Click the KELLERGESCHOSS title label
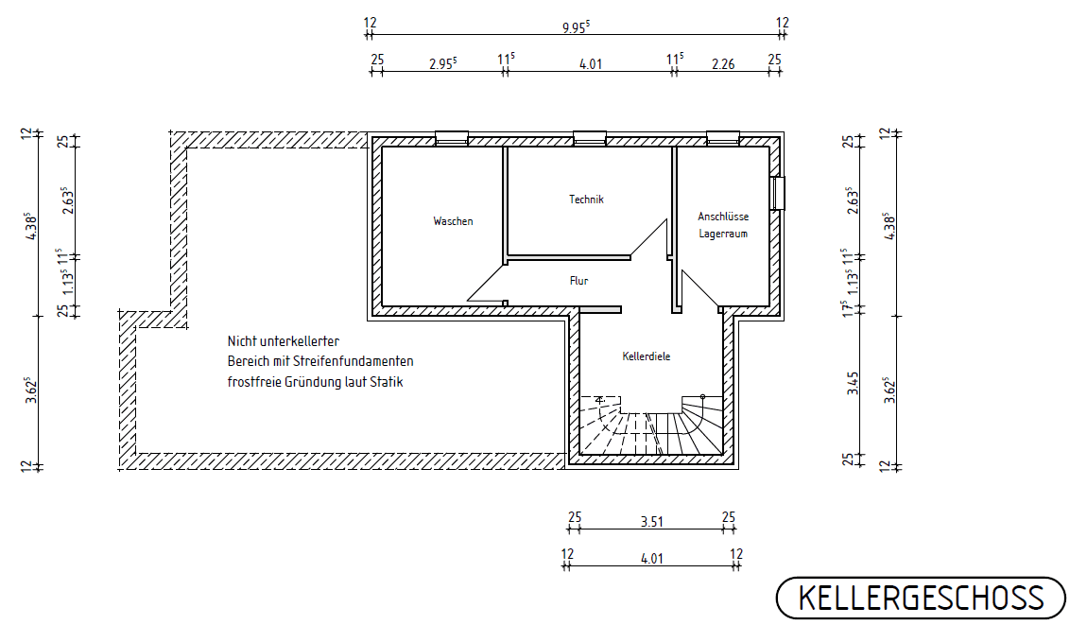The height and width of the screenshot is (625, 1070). pyautogui.click(x=921, y=598)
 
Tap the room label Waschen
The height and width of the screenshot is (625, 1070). pyautogui.click(x=453, y=221)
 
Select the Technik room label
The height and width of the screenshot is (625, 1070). pyautogui.click(x=586, y=200)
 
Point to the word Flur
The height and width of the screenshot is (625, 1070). pyautogui.click(x=579, y=281)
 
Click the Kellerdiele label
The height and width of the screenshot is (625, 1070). pyautogui.click(x=647, y=356)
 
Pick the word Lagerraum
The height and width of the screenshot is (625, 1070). pyautogui.click(x=723, y=233)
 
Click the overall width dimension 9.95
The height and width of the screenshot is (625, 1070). pyautogui.click(x=575, y=26)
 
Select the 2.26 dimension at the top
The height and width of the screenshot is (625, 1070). pyautogui.click(x=722, y=64)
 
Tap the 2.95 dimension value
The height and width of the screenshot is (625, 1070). pyautogui.click(x=442, y=64)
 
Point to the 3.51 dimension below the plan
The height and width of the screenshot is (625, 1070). pyautogui.click(x=651, y=520)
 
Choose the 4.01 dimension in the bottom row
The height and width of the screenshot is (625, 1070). pyautogui.click(x=651, y=558)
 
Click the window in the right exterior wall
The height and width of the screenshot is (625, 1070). pyautogui.click(x=778, y=193)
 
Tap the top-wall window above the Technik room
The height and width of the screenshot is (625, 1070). pyautogui.click(x=590, y=138)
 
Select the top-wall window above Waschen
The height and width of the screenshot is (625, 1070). pyautogui.click(x=451, y=138)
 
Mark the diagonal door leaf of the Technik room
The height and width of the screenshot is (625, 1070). pyautogui.click(x=649, y=238)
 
